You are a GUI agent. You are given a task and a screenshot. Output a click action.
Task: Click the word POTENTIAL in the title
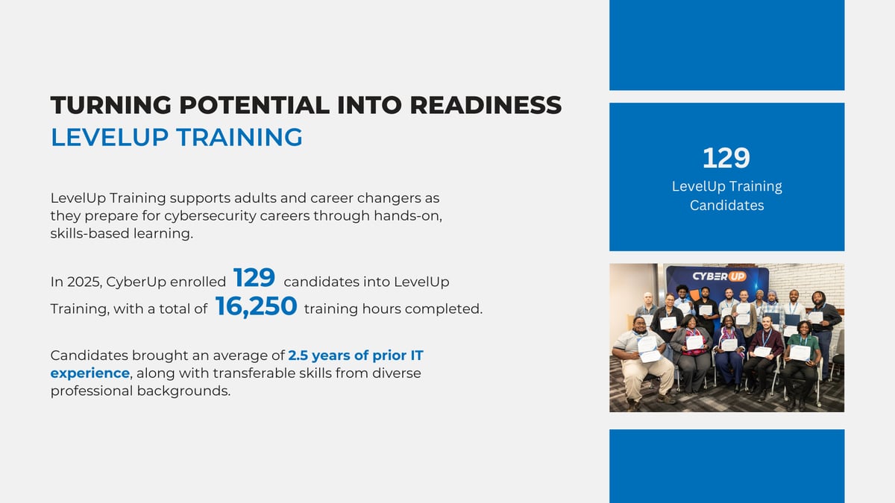pyautogui.click(x=254, y=105)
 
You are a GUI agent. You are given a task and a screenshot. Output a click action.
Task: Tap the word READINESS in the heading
pyautogui.click(x=486, y=105)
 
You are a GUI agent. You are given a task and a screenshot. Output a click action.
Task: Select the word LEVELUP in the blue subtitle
pyautogui.click(x=110, y=137)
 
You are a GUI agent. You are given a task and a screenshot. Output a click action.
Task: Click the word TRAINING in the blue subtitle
pyautogui.click(x=239, y=137)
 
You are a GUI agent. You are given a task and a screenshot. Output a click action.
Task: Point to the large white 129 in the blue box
pyautogui.click(x=726, y=158)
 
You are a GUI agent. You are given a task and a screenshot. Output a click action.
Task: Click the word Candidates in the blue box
pyautogui.click(x=726, y=205)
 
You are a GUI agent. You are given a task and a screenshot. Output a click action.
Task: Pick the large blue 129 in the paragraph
pyautogui.click(x=254, y=277)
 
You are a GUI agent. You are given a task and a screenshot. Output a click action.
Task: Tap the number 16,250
pyautogui.click(x=256, y=306)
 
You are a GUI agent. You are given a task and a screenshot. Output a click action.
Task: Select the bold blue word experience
pyautogui.click(x=90, y=373)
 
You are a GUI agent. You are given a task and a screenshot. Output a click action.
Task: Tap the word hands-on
pyautogui.click(x=408, y=216)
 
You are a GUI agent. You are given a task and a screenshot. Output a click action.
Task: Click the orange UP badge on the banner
pyautogui.click(x=736, y=276)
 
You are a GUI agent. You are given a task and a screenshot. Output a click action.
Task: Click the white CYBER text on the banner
pyautogui.click(x=709, y=276)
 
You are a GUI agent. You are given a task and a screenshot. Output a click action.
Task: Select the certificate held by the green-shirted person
pyautogui.click(x=800, y=353)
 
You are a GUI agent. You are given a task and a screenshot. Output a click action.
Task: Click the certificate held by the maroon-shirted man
pyautogui.click(x=762, y=352)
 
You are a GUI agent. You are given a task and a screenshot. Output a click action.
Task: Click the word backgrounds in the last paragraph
pyautogui.click(x=183, y=391)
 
